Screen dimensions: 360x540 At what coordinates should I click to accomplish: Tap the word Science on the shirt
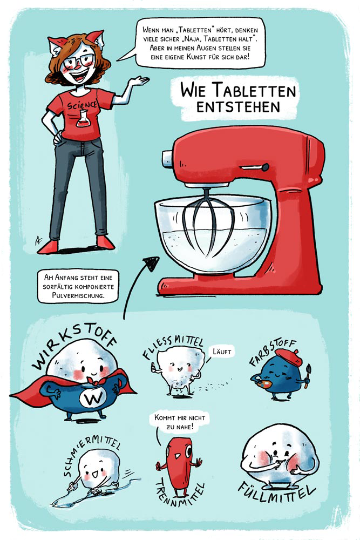pos(82,104)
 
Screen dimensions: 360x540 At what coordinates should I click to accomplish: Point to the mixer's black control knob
pos(265,167)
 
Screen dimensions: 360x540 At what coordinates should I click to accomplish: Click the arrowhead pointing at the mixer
pos(152,263)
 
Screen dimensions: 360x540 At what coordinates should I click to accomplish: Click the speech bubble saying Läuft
pos(222,352)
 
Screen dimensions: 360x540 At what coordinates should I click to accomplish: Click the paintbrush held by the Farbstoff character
pos(307,376)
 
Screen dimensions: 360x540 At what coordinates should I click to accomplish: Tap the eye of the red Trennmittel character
pos(188,451)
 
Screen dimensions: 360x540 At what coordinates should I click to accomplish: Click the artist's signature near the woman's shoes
pos(38,240)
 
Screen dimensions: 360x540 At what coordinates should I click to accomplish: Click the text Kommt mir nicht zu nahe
pos(180,422)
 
